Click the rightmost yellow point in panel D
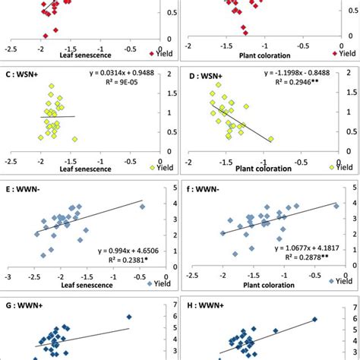(270, 139)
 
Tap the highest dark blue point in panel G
(129, 317)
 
